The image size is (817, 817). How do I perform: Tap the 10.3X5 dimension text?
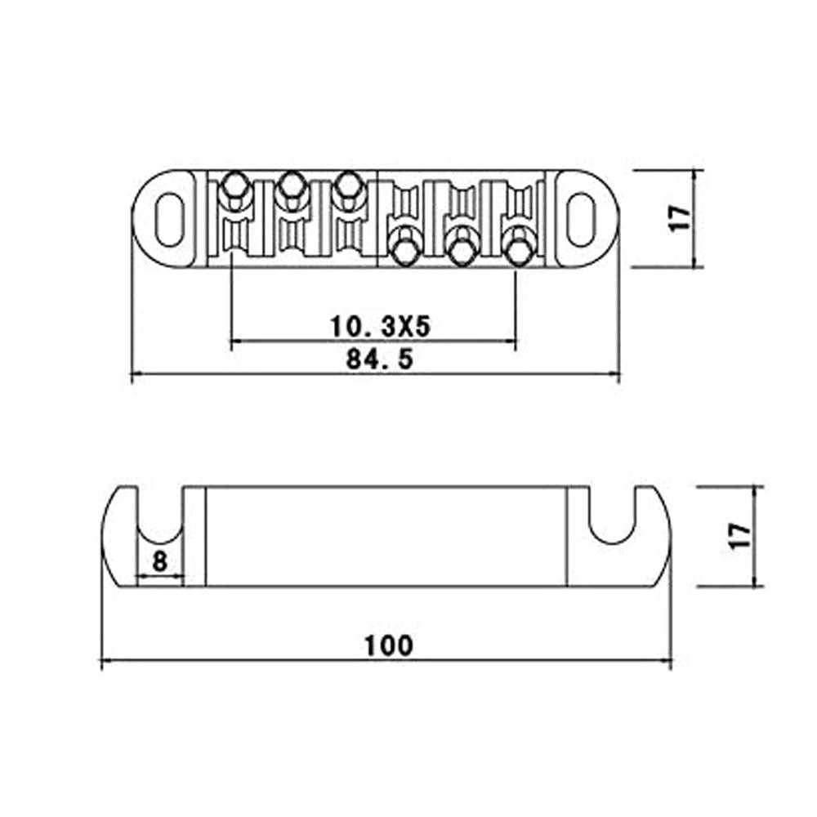point(380,328)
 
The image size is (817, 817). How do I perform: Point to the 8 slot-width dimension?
point(159,561)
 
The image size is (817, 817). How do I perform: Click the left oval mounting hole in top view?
point(167,218)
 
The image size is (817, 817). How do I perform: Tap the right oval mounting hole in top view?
point(582,218)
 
